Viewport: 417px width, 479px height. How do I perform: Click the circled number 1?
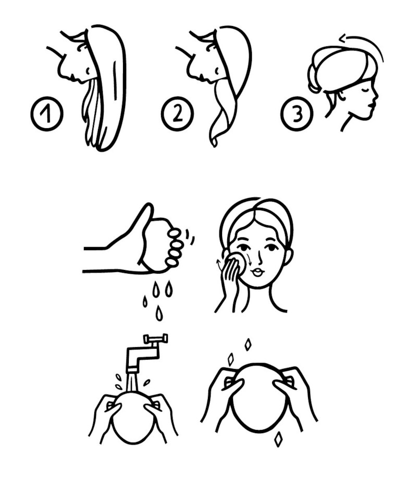(47, 114)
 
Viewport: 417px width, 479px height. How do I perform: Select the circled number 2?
(177, 114)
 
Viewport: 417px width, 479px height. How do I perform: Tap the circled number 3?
(297, 114)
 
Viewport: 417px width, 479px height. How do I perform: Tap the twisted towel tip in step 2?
(215, 142)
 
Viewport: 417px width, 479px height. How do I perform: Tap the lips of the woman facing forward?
(257, 272)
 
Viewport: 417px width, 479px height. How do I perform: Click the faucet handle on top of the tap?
(155, 338)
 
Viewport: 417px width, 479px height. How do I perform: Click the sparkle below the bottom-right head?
(278, 440)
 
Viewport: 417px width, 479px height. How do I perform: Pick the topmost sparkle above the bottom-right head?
(248, 345)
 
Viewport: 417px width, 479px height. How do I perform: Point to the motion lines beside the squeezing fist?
(189, 235)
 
